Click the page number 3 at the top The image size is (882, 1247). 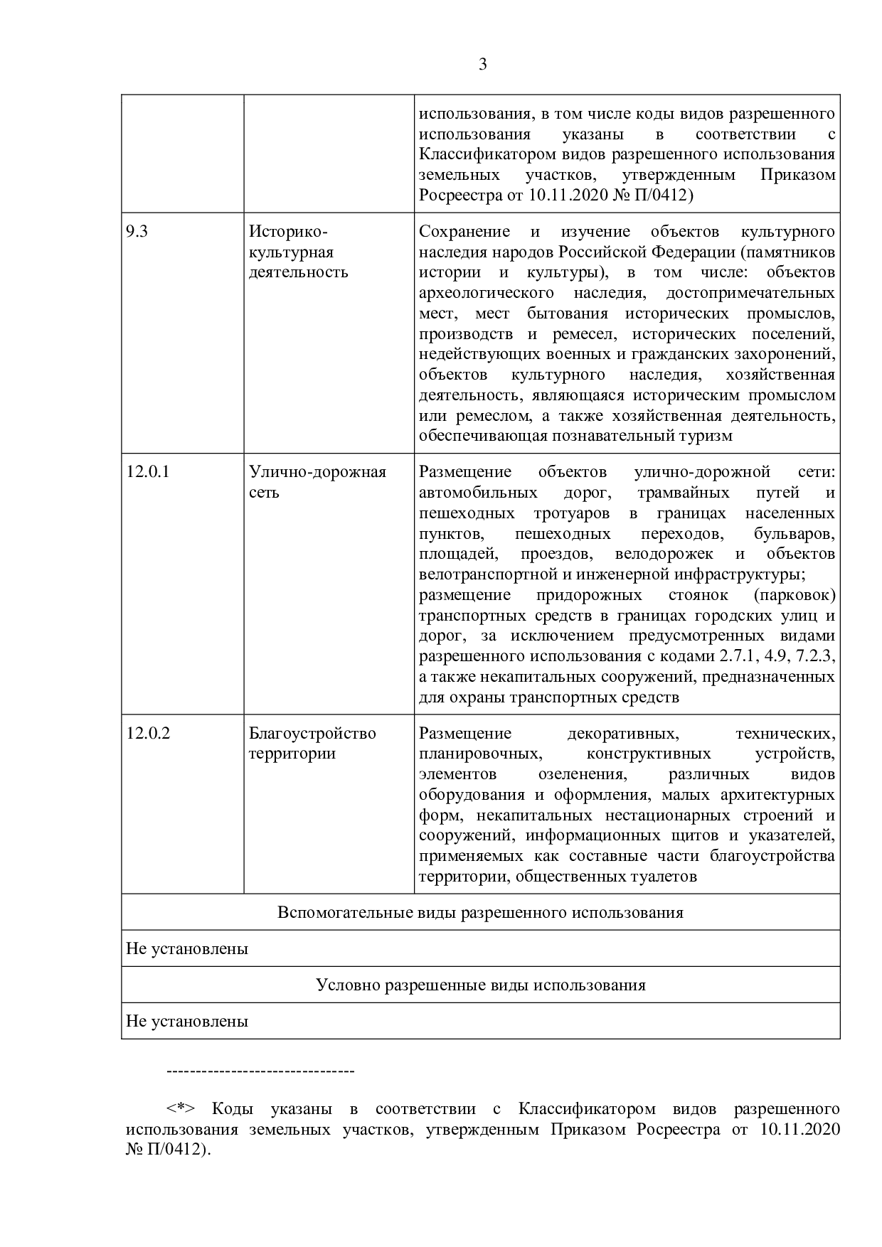tap(483, 65)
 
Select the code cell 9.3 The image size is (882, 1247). tap(137, 232)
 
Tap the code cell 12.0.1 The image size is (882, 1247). tap(148, 472)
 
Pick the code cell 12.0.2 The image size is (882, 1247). tap(148, 734)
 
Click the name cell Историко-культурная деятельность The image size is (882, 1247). tap(299, 252)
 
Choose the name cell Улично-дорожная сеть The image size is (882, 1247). tap(317, 482)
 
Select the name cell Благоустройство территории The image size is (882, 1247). tap(312, 744)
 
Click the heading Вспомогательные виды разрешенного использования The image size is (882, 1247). tap(480, 913)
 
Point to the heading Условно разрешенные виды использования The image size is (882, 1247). tap(480, 985)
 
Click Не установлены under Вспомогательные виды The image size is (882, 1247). tap(187, 949)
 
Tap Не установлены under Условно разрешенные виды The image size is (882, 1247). tap(187, 1022)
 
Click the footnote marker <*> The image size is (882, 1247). tap(181, 1109)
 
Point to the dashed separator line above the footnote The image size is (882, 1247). tap(260, 1071)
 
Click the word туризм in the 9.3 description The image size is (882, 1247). tap(706, 436)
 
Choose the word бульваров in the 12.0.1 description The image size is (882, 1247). tap(794, 533)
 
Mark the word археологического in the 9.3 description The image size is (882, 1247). tap(487, 293)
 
